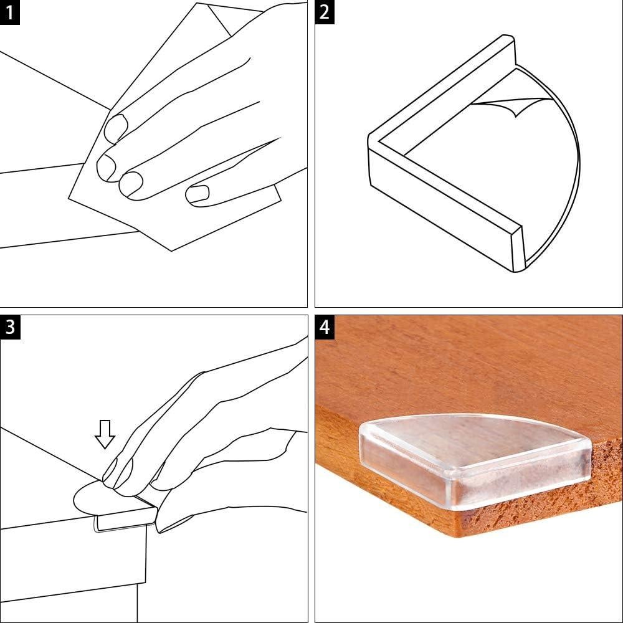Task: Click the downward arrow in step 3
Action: pos(105,434)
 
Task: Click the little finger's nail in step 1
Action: pos(196,194)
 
